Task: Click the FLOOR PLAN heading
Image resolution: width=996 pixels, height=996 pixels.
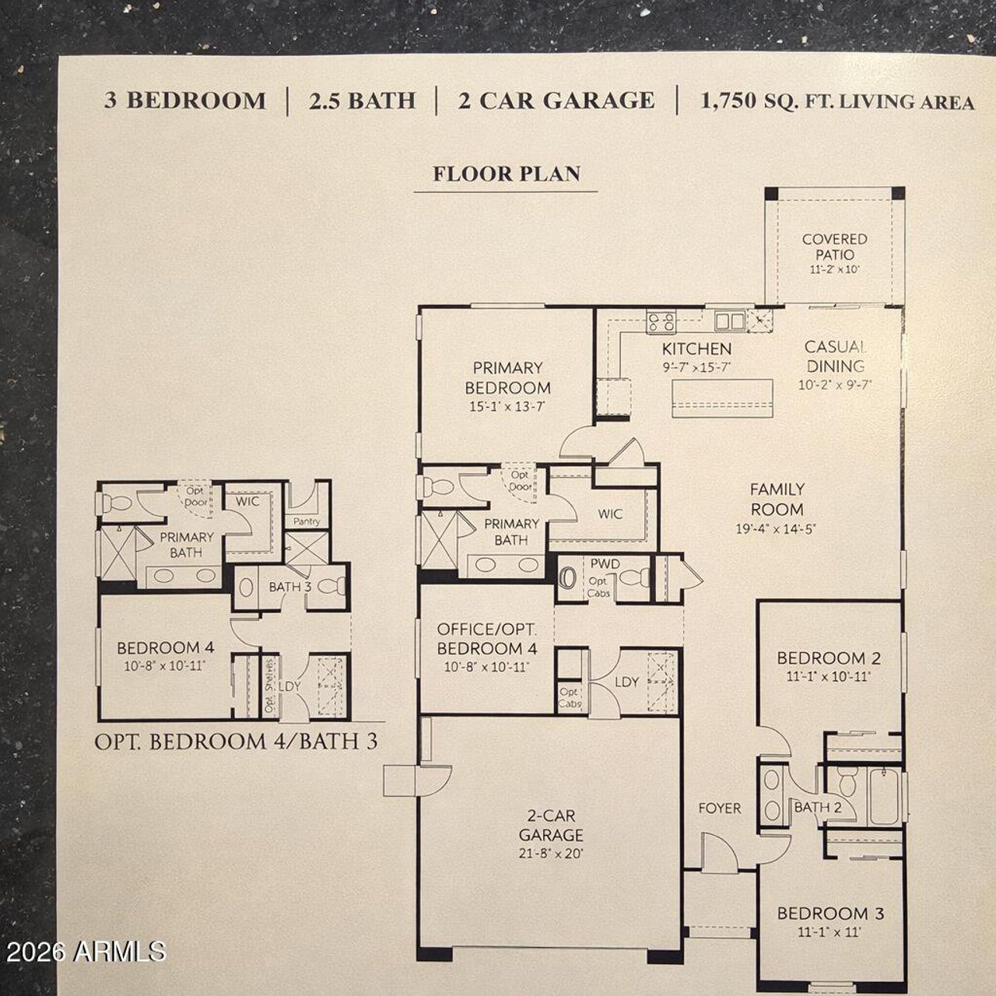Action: [x=507, y=173]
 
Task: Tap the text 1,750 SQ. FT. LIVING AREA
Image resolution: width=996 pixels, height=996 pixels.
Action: [x=837, y=101]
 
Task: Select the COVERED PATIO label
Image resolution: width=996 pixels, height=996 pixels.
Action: [x=834, y=247]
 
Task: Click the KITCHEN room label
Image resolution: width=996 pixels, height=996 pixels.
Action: [x=696, y=349]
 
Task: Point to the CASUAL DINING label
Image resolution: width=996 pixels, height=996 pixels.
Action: [x=835, y=356]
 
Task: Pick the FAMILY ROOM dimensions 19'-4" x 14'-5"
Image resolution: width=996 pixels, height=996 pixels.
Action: [x=777, y=530]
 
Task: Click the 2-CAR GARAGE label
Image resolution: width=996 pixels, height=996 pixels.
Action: [x=551, y=826]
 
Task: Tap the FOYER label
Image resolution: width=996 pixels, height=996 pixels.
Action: [x=719, y=808]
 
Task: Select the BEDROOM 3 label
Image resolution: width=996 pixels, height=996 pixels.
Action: [x=830, y=914]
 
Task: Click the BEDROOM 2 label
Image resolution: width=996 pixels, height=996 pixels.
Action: [x=829, y=658]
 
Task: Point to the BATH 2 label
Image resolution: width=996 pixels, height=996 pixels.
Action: [x=817, y=807]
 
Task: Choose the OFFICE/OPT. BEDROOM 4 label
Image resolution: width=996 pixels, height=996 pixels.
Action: [x=486, y=638]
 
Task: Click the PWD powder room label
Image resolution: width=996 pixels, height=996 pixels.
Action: [x=605, y=563]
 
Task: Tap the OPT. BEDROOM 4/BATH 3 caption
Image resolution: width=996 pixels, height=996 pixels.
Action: [x=236, y=741]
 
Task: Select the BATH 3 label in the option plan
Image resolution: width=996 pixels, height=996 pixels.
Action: [x=289, y=587]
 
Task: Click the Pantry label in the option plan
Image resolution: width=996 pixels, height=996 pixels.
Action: [x=307, y=521]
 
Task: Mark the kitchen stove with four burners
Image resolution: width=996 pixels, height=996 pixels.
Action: [x=661, y=321]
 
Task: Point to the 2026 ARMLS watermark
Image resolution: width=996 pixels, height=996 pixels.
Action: [x=84, y=950]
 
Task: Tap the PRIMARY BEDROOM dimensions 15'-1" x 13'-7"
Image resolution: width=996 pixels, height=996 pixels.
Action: [x=507, y=406]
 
